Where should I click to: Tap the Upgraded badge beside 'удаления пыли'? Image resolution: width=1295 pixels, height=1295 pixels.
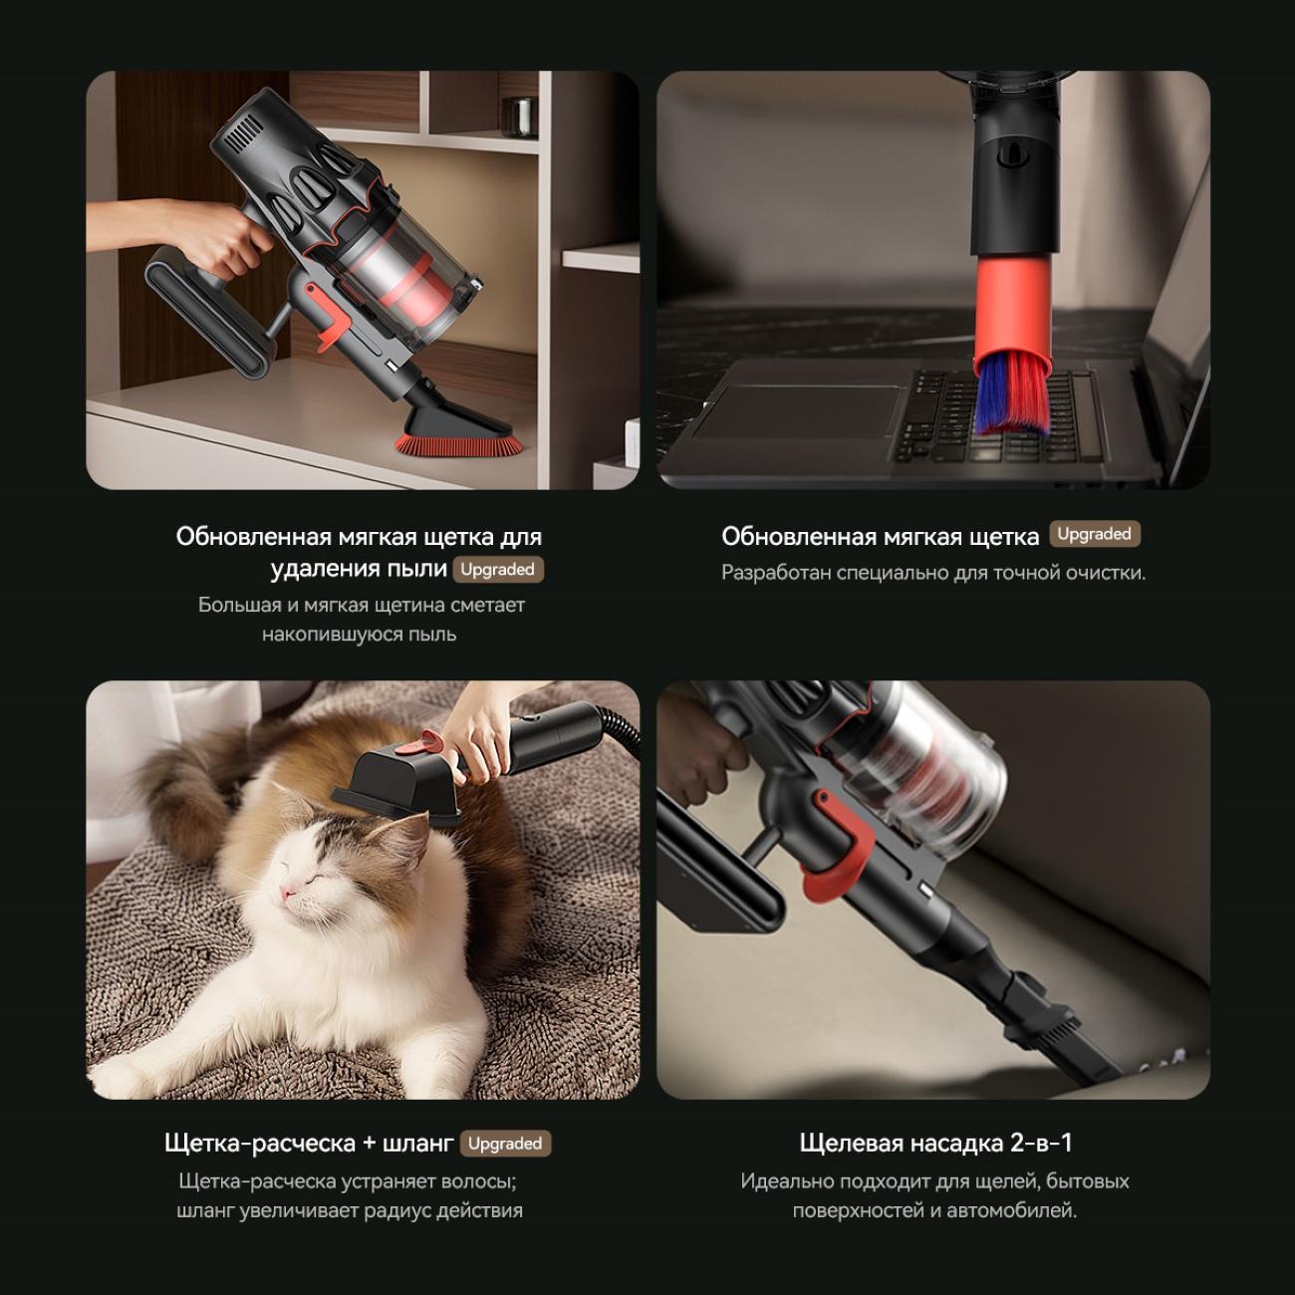click(498, 570)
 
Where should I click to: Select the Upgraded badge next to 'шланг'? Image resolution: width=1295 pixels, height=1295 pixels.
click(505, 1144)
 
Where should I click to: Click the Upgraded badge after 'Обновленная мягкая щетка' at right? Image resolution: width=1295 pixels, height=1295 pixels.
click(1095, 534)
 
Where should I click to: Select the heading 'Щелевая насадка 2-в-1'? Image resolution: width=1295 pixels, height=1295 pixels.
click(934, 1143)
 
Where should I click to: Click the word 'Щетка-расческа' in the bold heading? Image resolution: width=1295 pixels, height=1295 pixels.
click(260, 1144)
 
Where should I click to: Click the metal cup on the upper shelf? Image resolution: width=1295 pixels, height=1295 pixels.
click(519, 117)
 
